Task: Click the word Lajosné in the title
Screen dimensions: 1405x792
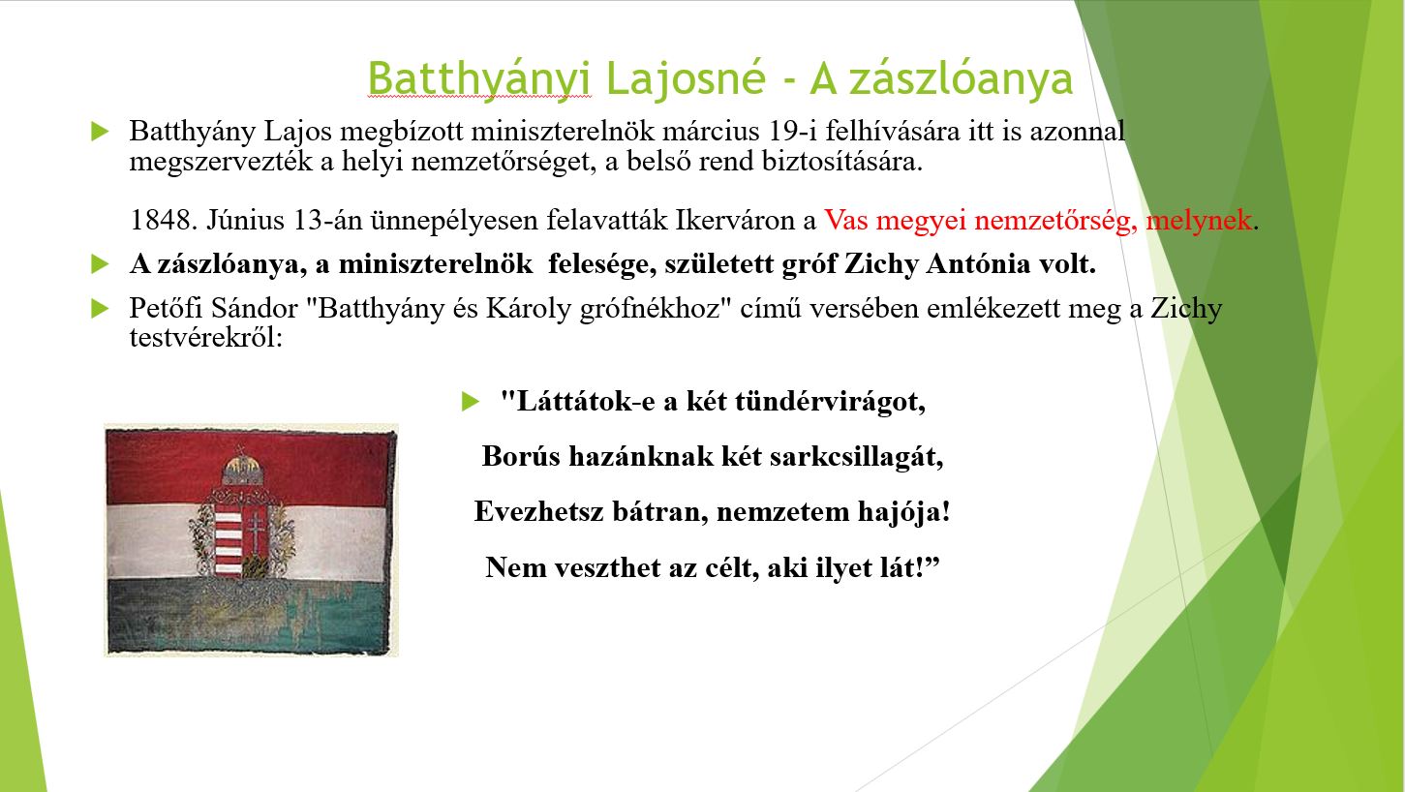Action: [x=686, y=78]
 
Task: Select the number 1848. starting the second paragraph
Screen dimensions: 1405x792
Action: [x=163, y=220]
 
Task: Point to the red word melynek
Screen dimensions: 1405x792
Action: [x=1199, y=220]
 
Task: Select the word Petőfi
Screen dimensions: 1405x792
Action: [x=166, y=308]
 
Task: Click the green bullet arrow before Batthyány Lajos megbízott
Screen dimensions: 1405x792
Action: [x=101, y=131]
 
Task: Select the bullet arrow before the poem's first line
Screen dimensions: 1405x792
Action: [x=471, y=402]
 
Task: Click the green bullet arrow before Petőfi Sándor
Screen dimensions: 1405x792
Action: [x=101, y=309]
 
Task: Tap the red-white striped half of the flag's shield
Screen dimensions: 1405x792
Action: [x=229, y=543]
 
